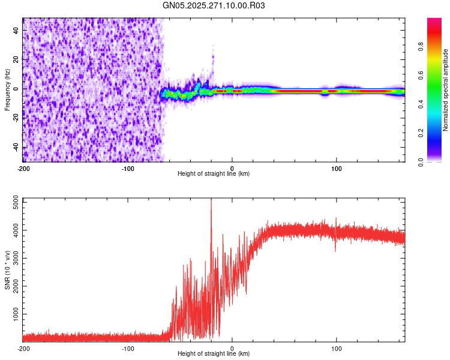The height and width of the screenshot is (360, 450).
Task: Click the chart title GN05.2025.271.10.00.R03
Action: [x=214, y=5]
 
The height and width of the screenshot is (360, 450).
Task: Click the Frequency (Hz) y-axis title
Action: [x=7, y=90]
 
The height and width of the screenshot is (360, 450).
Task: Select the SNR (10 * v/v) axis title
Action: [x=7, y=270]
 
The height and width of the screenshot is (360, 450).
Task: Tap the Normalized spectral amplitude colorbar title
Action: [x=446, y=90]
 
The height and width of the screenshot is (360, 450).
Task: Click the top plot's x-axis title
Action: [x=214, y=173]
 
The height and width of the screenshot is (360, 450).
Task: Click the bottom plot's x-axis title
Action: [x=214, y=353]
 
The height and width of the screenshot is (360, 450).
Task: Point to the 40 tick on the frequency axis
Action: [x=16, y=30]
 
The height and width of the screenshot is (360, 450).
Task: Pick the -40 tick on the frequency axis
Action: [x=16, y=148]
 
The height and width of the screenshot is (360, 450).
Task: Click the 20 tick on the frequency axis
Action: [x=16, y=59]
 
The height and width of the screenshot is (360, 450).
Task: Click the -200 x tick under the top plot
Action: [x=23, y=167]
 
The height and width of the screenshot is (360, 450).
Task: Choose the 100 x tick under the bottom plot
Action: [x=337, y=347]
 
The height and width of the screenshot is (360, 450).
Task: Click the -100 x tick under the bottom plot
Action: [x=128, y=347]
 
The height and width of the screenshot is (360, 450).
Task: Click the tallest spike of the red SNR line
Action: [x=211, y=200]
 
